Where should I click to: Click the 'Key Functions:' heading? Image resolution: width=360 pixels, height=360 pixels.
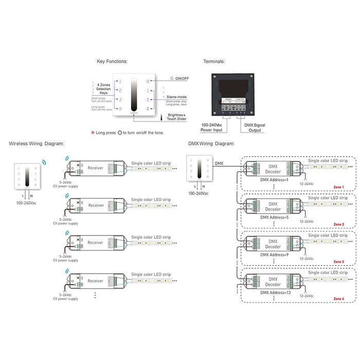(112, 62)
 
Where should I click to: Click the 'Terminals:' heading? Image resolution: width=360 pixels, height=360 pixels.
(214, 62)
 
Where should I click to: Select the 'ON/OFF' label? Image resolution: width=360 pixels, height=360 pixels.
(182, 79)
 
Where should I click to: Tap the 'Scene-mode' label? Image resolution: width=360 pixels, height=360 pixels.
(175, 97)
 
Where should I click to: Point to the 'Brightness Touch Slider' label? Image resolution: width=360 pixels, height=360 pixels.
(175, 117)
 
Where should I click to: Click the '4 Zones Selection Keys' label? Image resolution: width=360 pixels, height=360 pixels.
(103, 88)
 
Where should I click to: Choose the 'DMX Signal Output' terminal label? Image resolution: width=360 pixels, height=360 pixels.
(252, 128)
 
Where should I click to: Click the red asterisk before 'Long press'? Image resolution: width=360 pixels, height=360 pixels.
(93, 133)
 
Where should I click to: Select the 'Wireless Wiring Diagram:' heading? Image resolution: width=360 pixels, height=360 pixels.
(36, 144)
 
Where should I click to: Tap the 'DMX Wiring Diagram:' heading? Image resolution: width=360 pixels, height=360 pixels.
(211, 144)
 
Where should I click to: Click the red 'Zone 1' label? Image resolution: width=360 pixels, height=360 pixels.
(339, 187)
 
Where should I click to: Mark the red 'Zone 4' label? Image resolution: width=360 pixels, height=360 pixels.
(339, 298)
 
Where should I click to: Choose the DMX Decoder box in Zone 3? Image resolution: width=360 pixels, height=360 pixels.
(273, 244)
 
